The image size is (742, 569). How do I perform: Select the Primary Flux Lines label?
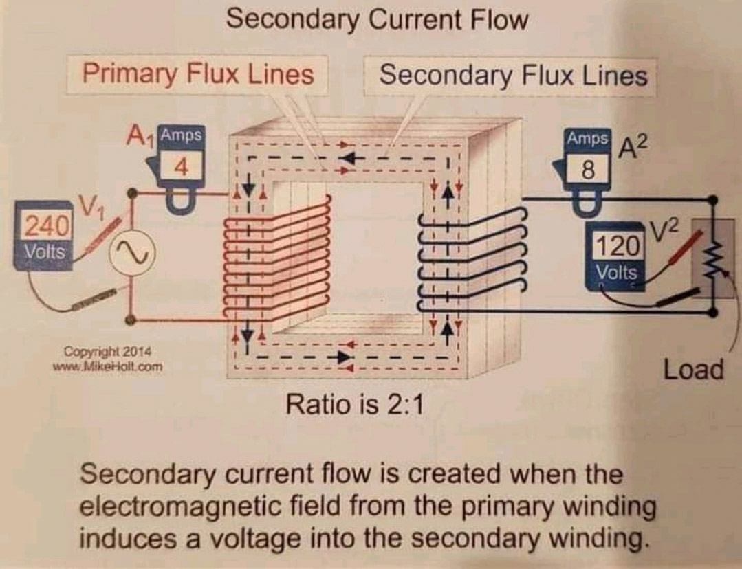tap(198, 74)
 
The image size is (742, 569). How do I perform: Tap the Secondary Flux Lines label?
tap(513, 74)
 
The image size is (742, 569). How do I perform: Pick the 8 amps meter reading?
tap(587, 169)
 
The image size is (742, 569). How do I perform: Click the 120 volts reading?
tap(617, 245)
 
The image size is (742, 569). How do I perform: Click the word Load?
tap(693, 370)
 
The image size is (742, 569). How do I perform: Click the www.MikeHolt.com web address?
tap(108, 366)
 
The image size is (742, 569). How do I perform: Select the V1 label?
tap(91, 204)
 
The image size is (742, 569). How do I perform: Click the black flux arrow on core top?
tap(351, 159)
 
